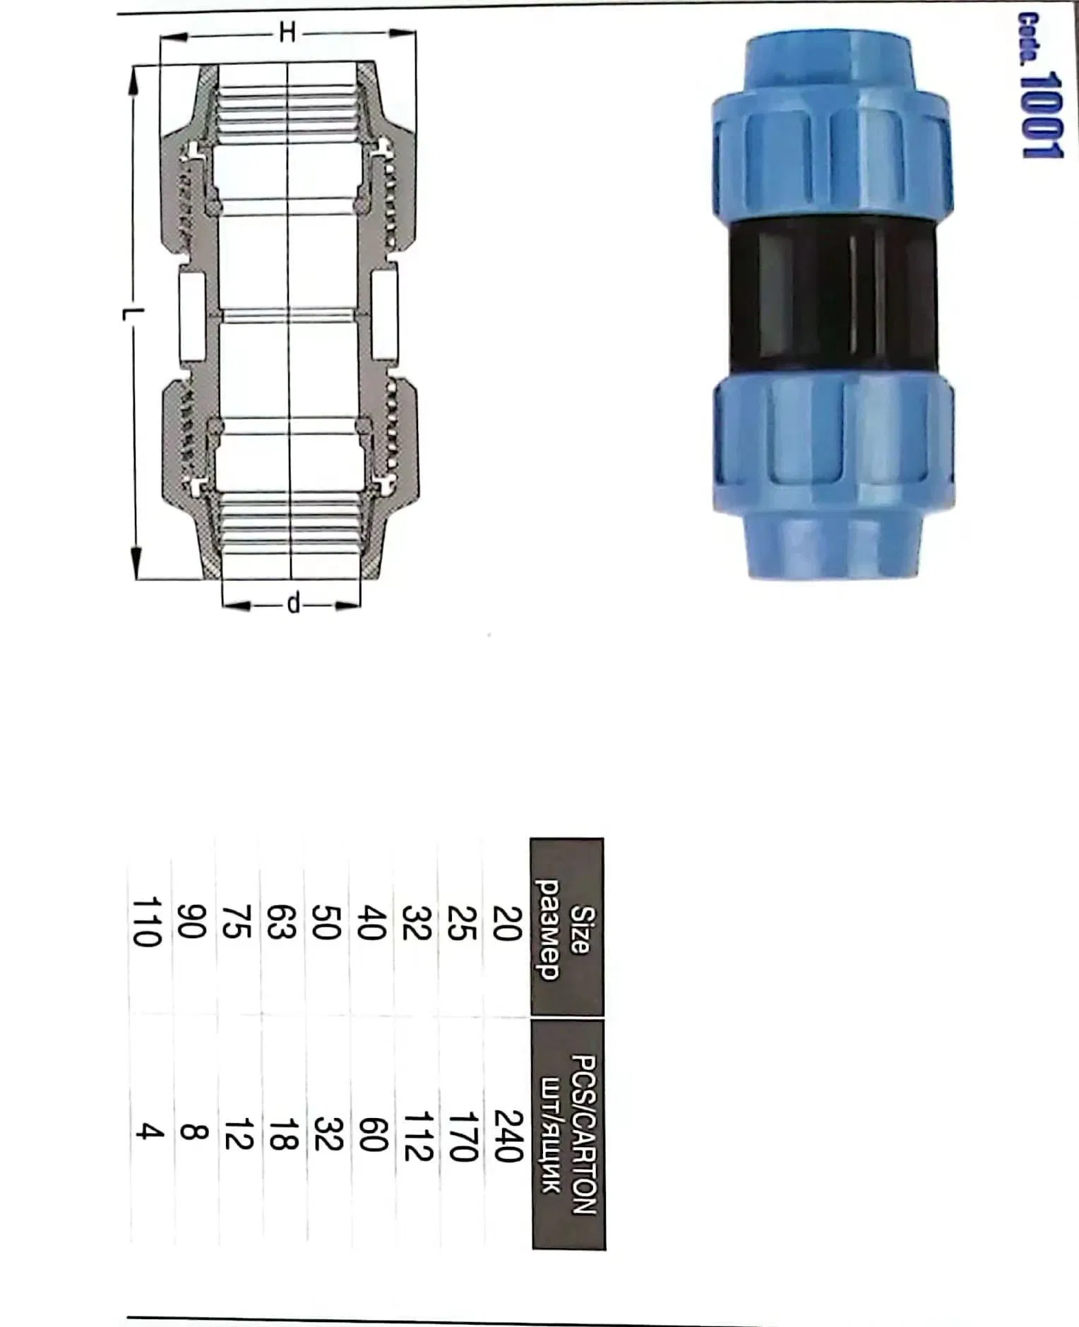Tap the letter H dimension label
coord(287,32)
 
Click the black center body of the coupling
coord(833,299)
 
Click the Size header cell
coord(566,929)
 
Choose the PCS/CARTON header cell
coord(569,1134)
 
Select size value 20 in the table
coord(507,923)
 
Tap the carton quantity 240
coord(507,1135)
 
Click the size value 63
coord(281,922)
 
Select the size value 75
coord(237,922)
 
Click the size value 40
coord(372,923)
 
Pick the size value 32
coord(417,923)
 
